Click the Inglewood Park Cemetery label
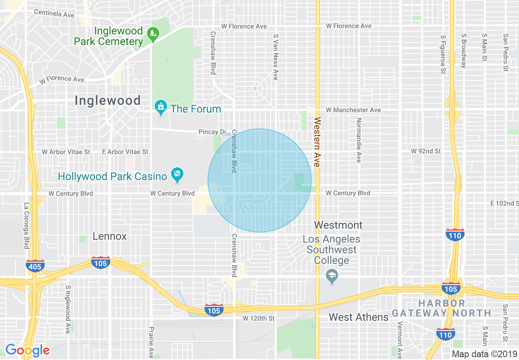point(108,36)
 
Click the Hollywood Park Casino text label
point(113,177)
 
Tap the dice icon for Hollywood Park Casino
point(177,175)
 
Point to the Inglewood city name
point(108,101)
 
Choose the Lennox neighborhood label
point(110,236)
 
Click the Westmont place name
point(338,225)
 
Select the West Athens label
point(359,317)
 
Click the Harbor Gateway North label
point(442,308)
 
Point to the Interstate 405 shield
point(35,265)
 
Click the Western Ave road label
point(317,142)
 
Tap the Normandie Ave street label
point(359,140)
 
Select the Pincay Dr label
point(212,132)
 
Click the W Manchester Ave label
point(353,110)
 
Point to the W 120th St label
point(258,318)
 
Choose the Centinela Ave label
point(54,13)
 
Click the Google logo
point(27,350)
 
